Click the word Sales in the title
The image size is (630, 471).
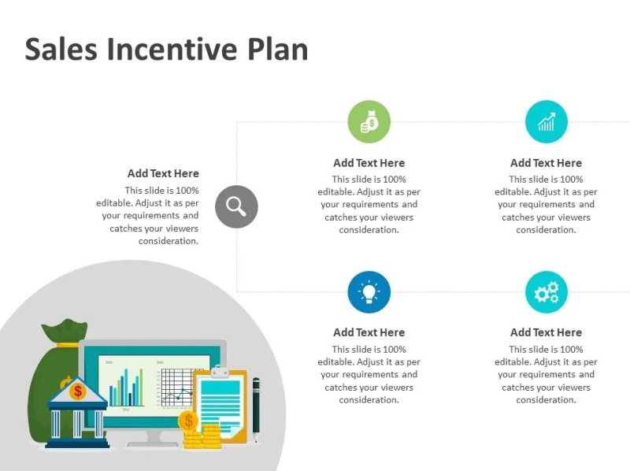(x=61, y=49)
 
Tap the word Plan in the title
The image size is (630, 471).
(x=277, y=49)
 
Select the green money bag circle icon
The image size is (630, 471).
(x=369, y=122)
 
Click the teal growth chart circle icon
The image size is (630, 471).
(x=547, y=122)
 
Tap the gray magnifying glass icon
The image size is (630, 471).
(x=236, y=206)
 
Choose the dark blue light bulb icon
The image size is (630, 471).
(x=369, y=292)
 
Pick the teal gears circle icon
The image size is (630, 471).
(x=547, y=292)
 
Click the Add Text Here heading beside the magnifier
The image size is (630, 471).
(x=163, y=173)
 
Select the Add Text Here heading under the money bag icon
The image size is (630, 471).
(x=369, y=163)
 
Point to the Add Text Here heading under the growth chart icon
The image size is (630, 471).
(x=547, y=163)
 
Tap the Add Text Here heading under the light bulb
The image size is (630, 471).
(x=369, y=332)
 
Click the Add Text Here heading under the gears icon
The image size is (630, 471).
(x=547, y=332)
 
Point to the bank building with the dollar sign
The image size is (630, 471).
(x=77, y=414)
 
